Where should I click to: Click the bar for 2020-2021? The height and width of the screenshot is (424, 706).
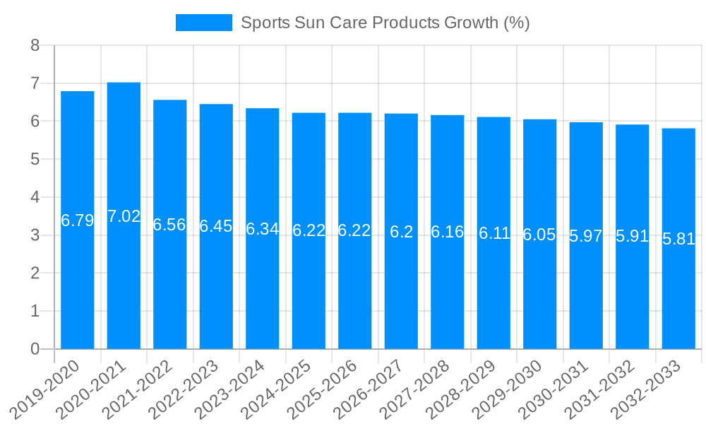pyautogui.click(x=124, y=283)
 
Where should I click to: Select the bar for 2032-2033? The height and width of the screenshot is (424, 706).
pyautogui.click(x=678, y=297)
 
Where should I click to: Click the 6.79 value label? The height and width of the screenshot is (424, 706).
pyautogui.click(x=78, y=220)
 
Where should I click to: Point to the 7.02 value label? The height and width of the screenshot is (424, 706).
pyautogui.click(x=124, y=216)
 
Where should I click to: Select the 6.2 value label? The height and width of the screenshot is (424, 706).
pyautogui.click(x=401, y=231)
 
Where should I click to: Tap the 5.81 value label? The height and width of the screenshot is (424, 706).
pyautogui.click(x=678, y=239)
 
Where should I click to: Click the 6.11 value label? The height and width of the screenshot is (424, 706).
pyautogui.click(x=493, y=233)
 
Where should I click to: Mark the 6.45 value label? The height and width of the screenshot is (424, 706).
pyautogui.click(x=216, y=226)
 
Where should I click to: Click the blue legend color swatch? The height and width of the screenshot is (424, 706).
pyautogui.click(x=203, y=23)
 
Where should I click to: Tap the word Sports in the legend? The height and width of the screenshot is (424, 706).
pyautogui.click(x=265, y=23)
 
